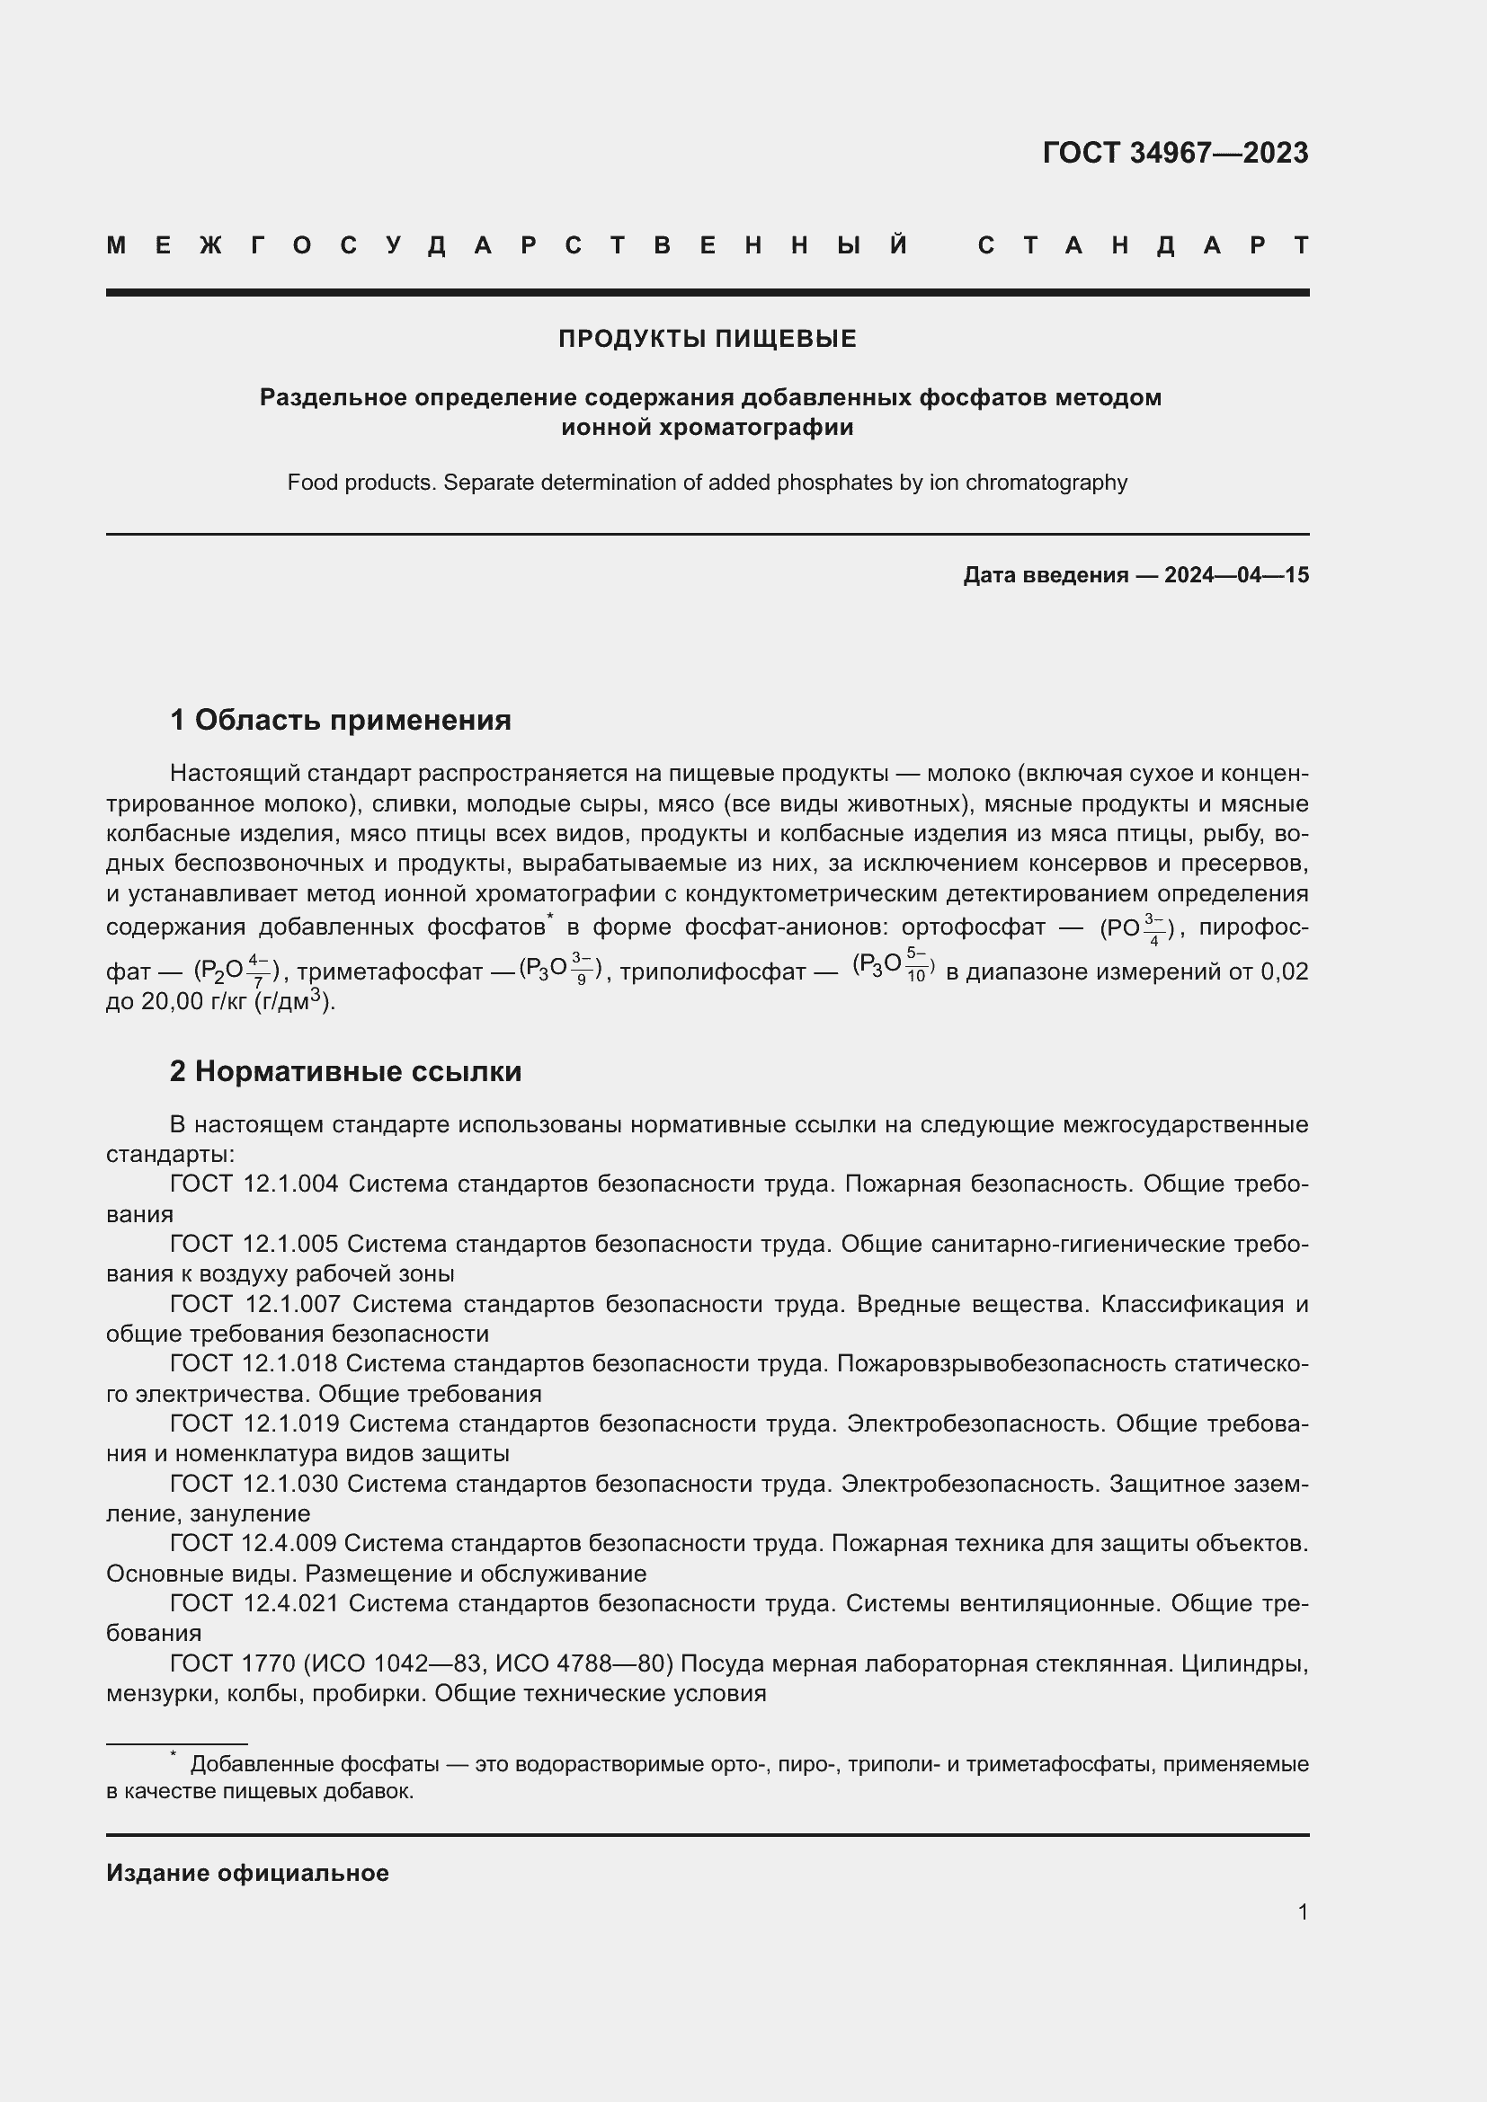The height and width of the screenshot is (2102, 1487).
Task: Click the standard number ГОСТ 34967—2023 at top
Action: click(x=1175, y=152)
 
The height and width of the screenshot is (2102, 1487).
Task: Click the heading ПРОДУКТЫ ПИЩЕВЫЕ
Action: click(x=707, y=339)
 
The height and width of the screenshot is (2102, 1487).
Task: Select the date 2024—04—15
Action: click(x=1236, y=575)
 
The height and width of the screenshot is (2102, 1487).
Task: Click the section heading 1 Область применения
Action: click(x=340, y=720)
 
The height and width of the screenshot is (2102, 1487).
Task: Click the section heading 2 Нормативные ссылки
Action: click(x=345, y=1070)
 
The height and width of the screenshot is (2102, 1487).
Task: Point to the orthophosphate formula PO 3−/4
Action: click(x=1135, y=927)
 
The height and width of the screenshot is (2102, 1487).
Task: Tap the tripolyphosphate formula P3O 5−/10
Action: click(x=893, y=966)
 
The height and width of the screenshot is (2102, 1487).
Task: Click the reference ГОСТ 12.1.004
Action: click(x=254, y=1184)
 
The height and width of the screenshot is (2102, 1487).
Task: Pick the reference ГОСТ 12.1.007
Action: click(x=254, y=1304)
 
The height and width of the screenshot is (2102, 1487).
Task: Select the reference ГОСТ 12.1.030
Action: click(x=254, y=1483)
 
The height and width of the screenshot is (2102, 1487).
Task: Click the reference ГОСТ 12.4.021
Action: click(x=254, y=1603)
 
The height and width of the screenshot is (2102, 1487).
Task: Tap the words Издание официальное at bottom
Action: click(x=247, y=1872)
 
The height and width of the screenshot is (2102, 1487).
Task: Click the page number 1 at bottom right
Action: click(x=1302, y=1911)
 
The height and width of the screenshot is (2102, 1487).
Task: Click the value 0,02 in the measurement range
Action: click(x=1284, y=971)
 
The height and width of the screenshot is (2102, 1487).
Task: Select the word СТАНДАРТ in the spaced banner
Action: click(x=1143, y=245)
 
